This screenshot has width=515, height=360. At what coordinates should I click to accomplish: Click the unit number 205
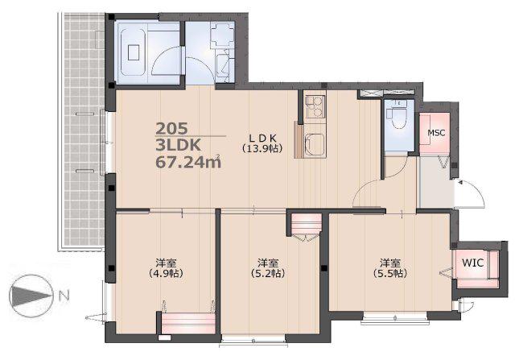[x=171, y=128]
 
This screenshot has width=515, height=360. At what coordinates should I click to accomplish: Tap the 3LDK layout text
[x=178, y=145]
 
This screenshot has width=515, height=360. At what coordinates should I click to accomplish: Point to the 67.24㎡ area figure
[x=188, y=162]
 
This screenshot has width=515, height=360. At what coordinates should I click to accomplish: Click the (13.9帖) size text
[x=262, y=149]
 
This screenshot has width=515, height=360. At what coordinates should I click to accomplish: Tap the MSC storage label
[x=436, y=133]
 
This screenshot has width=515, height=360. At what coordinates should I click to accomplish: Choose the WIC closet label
[x=472, y=263]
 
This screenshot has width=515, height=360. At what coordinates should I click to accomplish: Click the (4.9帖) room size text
[x=167, y=273]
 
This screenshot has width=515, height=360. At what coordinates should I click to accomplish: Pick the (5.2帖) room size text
[x=268, y=273]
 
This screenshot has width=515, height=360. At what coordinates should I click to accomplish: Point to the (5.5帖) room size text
[x=390, y=273]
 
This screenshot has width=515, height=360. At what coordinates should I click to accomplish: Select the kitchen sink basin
[x=315, y=145]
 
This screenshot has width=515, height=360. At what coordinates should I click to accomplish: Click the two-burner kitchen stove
[x=315, y=106]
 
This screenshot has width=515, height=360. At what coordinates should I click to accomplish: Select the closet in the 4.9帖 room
[x=189, y=323]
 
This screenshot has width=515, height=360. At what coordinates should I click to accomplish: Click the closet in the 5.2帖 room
[x=306, y=224]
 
